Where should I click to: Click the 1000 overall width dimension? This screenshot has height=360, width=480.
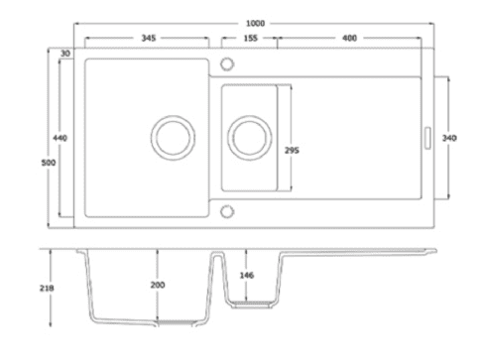pyautogui.click(x=255, y=24)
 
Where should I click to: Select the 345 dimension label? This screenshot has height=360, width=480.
pyautogui.click(x=149, y=38)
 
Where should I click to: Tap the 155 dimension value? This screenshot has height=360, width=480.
pyautogui.click(x=250, y=39)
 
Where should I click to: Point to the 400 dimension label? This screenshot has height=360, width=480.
pyautogui.click(x=349, y=39)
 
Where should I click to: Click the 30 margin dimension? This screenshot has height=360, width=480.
pyautogui.click(x=65, y=54)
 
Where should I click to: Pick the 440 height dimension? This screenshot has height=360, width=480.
pyautogui.click(x=60, y=138)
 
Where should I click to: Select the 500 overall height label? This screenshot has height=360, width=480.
pyautogui.click(x=49, y=163)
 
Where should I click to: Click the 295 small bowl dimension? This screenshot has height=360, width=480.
pyautogui.click(x=292, y=151)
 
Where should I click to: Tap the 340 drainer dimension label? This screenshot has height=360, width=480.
pyautogui.click(x=449, y=138)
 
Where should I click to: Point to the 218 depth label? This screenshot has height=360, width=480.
pyautogui.click(x=47, y=289)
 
